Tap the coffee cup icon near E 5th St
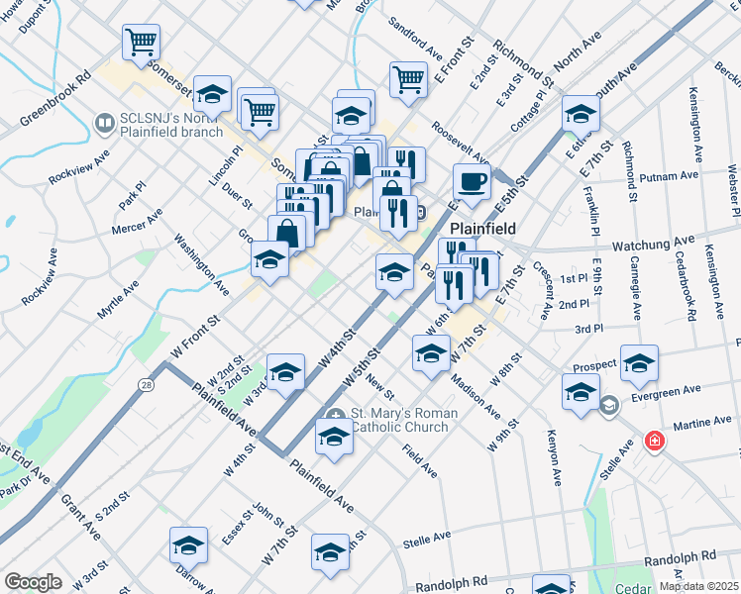(472, 181)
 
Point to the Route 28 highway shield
(147, 383)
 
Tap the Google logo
(33, 582)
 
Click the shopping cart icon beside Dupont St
(141, 42)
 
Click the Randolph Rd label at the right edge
(679, 560)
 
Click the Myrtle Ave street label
(118, 298)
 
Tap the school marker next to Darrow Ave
(188, 545)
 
